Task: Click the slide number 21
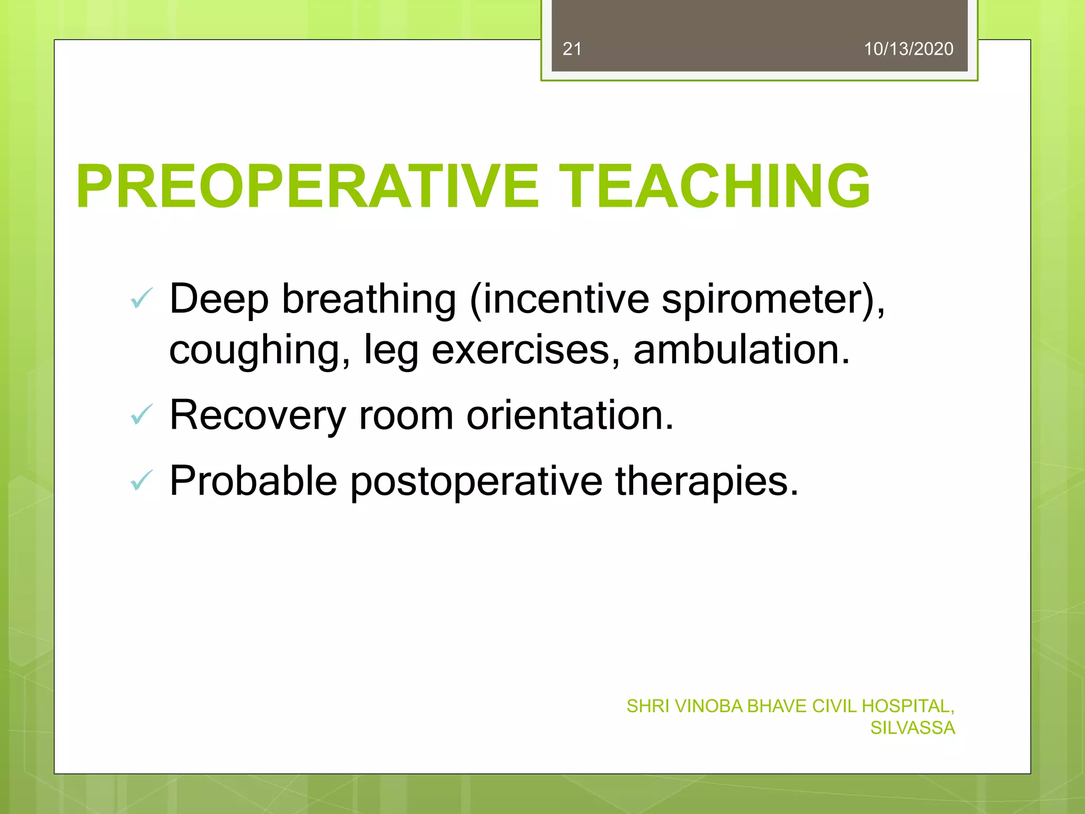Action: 572,49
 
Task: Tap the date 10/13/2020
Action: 908,49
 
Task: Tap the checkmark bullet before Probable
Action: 141,480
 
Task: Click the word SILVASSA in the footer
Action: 912,728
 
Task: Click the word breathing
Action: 369,300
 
